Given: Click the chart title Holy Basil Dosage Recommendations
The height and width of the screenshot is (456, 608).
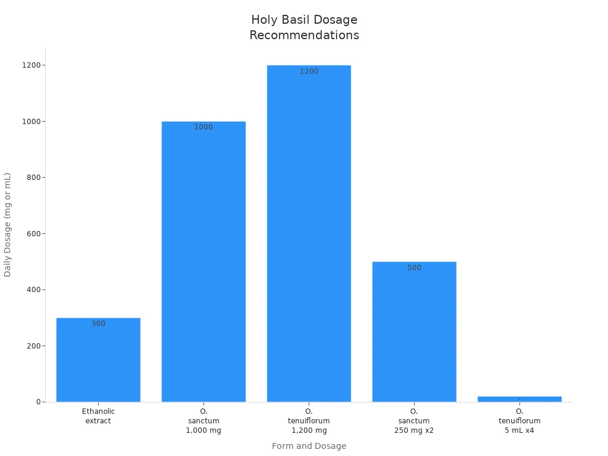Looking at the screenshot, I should (x=304, y=27).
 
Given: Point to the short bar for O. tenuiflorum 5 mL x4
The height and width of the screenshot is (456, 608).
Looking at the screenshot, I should (x=520, y=399).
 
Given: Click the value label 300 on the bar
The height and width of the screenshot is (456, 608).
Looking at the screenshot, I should (x=99, y=324).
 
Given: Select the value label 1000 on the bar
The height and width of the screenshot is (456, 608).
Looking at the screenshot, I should (x=204, y=127).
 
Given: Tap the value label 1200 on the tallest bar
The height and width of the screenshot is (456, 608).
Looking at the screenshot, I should (x=309, y=71).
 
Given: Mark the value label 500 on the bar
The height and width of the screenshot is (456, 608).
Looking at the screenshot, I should (x=414, y=268).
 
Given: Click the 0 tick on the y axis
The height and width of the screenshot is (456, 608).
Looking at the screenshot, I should (x=37, y=402).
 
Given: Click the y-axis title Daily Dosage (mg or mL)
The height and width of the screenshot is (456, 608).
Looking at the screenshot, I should (x=8, y=224).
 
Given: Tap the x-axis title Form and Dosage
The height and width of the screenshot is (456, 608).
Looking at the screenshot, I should (x=309, y=446).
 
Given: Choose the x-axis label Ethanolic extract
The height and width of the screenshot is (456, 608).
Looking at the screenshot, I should (x=99, y=416).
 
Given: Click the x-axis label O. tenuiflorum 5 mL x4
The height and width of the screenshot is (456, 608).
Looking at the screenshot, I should (x=520, y=421).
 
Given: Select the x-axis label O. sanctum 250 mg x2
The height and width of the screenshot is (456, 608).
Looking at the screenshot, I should (x=414, y=421).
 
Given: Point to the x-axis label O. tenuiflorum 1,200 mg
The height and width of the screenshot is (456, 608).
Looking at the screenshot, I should (x=309, y=421).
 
